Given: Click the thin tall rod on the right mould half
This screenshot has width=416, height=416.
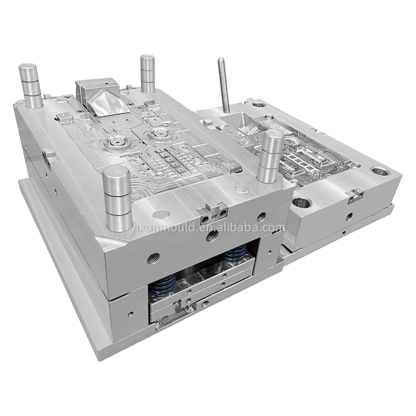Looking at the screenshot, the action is tap(224, 85).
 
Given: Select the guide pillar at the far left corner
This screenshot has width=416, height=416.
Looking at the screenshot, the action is tap(31, 85).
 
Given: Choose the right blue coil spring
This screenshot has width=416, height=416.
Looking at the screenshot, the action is tap(235, 253).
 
